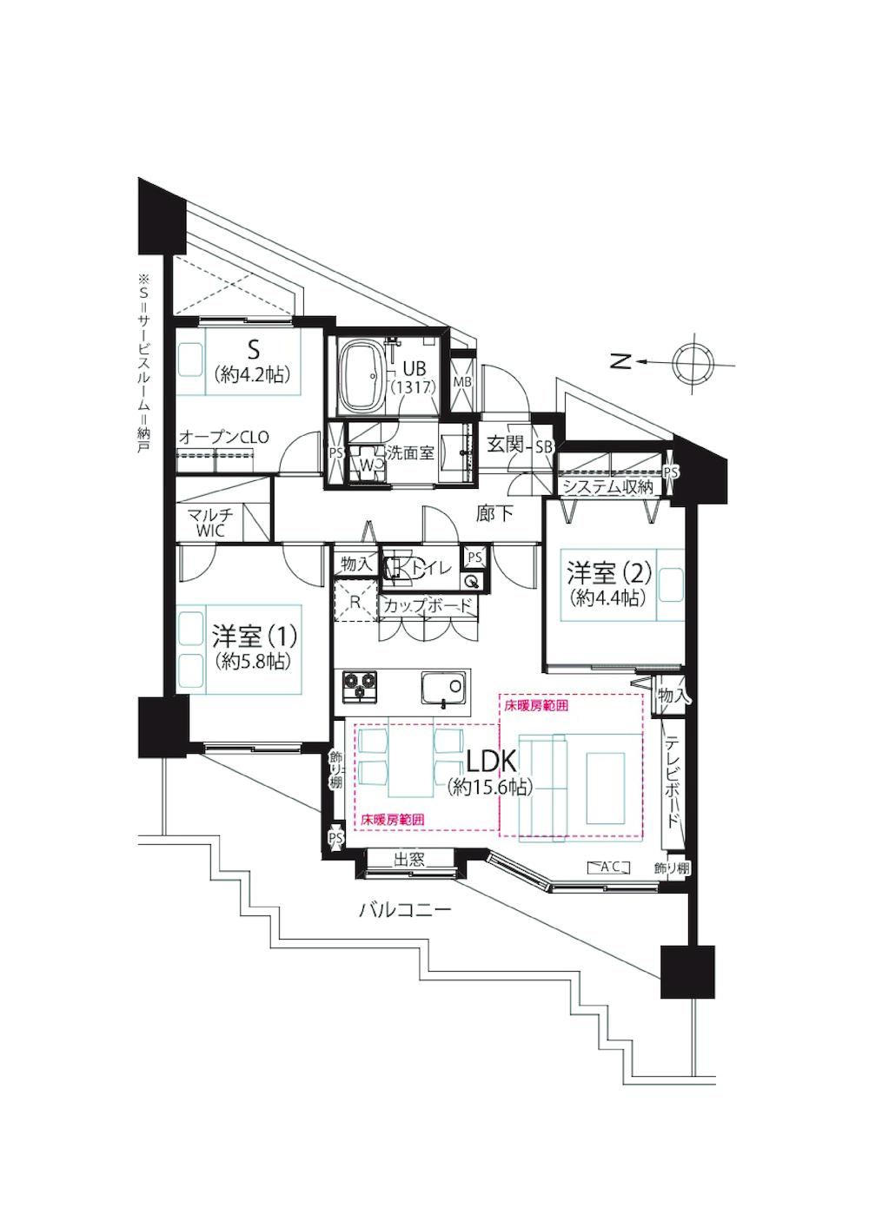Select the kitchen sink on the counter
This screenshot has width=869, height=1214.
pos(443,689)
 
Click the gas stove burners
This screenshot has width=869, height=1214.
pos(359,684)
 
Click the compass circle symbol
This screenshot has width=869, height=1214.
pos(693,361)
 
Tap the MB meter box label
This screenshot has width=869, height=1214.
pos(462,381)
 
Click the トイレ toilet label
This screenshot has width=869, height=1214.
pos(432,568)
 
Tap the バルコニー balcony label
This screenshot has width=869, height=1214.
pos(405,909)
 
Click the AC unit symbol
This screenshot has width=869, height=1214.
pos(608,867)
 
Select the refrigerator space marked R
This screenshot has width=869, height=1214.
pos(355,601)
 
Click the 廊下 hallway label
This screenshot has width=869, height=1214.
pos(495,513)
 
